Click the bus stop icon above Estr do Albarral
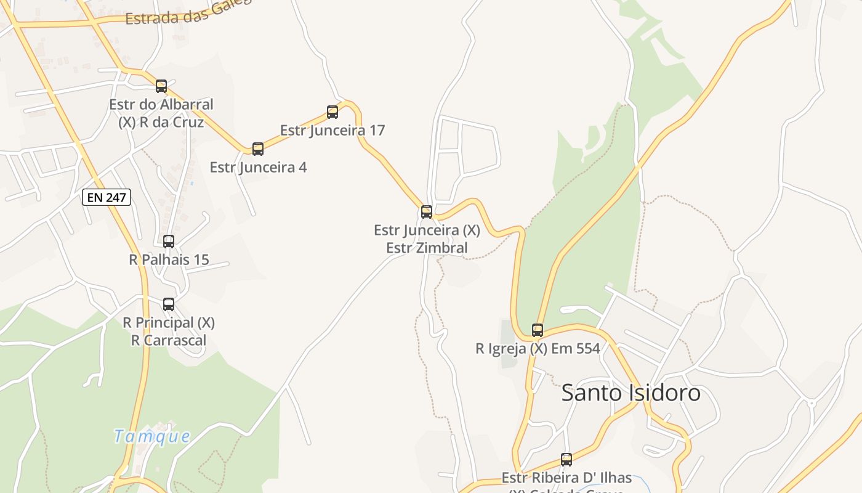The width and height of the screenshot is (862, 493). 161,86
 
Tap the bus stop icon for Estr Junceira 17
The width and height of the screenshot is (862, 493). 332,112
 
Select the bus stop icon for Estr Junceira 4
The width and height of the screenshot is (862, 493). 258,149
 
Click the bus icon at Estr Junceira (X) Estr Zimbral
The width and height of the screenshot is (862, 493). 427,212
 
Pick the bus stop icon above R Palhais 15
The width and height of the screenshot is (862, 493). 169,242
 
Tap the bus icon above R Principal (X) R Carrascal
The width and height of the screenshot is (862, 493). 169,304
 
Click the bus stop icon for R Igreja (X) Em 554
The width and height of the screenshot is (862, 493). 538,330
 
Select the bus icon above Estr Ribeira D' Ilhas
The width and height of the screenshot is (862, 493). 566,459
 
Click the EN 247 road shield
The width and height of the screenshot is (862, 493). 107,197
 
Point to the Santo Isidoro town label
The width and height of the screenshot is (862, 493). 631,393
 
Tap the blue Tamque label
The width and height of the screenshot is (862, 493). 152,436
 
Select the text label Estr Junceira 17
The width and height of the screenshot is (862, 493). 332,131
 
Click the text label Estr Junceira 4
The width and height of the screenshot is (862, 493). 258,168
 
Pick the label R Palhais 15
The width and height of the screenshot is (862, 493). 169,260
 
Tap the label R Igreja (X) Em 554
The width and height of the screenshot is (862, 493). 538,349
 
